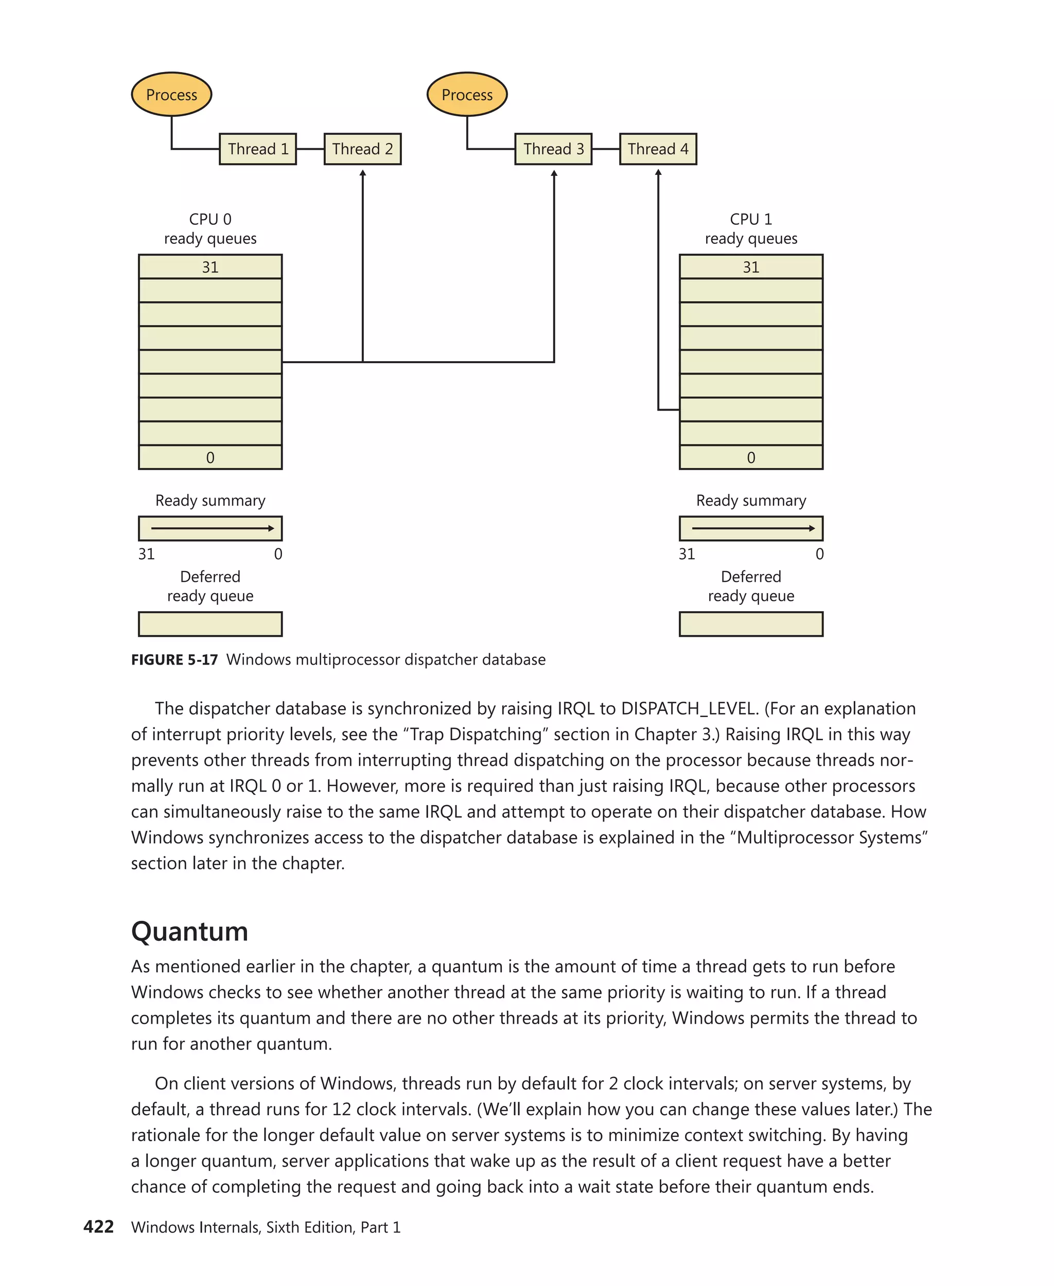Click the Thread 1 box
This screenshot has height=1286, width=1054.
pos(257,149)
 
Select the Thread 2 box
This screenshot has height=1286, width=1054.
pos(362,149)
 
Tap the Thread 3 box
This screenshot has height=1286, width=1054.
pos(553,149)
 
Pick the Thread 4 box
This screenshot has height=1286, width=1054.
pos(658,149)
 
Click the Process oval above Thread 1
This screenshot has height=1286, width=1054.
pos(171,95)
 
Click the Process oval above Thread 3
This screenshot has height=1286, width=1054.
pos(467,95)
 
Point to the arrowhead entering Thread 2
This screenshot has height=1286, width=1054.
pos(363,173)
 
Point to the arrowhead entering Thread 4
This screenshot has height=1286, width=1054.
pos(658,173)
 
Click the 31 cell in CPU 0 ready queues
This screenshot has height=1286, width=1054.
pos(210,267)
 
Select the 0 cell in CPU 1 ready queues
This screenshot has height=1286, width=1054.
pos(751,458)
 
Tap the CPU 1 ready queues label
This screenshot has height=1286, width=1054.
pos(751,229)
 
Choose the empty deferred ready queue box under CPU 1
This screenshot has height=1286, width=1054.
pos(751,624)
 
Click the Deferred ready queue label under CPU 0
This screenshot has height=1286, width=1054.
pos(210,586)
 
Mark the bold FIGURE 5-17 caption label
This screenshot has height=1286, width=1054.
pos(174,659)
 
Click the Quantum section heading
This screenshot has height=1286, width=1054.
pos(189,932)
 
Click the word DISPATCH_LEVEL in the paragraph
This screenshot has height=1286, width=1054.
pos(689,709)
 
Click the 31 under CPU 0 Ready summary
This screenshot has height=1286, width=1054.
pos(146,554)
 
